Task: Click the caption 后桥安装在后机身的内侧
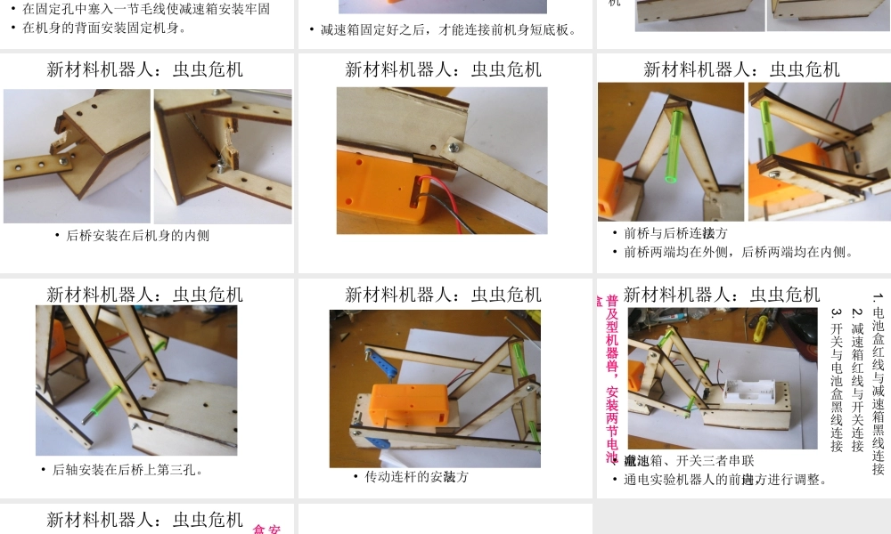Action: [x=138, y=236]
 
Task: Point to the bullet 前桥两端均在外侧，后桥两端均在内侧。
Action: [x=739, y=252]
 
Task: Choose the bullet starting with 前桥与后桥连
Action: [x=675, y=233]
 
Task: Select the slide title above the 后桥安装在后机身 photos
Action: [x=144, y=69]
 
